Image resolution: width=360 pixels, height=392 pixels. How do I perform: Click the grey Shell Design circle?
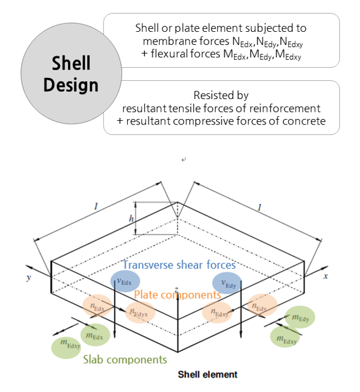coord(67,75)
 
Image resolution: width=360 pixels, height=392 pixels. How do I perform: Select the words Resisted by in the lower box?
coord(221,95)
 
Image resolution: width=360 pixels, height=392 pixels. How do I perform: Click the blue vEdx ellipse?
coord(125,281)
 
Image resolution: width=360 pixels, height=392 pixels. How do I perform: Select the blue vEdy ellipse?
coord(227,282)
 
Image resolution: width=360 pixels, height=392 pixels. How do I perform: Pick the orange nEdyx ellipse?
coord(140,312)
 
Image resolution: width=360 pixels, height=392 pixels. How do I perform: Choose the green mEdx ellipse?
coord(95,335)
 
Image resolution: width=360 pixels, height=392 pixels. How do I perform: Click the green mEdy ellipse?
coord(300,317)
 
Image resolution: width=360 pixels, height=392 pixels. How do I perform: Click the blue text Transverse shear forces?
coord(179,265)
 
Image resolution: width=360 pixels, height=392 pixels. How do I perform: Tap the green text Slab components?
coord(125,359)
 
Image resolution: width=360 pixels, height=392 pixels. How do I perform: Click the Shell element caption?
coord(208,374)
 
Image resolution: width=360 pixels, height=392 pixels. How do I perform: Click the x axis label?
coord(325,275)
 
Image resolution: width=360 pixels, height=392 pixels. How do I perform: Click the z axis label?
coord(176,290)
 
